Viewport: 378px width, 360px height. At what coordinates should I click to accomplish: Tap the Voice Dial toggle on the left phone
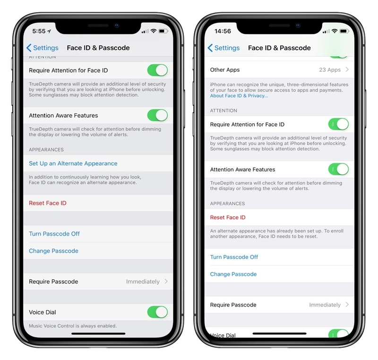[x=158, y=312]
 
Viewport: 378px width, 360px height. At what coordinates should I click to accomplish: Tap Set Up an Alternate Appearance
[x=73, y=163]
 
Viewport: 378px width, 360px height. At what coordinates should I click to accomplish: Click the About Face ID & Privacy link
[x=239, y=95]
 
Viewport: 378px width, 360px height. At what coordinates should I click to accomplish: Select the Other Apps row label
[x=225, y=70]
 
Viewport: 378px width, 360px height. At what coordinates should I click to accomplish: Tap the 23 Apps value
[x=330, y=70]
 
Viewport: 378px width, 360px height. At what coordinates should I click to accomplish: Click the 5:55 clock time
[x=39, y=31]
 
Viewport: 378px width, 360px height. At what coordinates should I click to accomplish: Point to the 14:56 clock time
[x=223, y=31]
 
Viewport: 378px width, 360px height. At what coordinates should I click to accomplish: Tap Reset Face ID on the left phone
[x=48, y=203]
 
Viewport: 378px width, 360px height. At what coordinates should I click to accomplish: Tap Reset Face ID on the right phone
[x=228, y=217]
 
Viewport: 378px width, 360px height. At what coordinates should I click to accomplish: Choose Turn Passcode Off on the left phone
[x=54, y=234]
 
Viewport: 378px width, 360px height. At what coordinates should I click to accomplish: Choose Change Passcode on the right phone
[x=233, y=274]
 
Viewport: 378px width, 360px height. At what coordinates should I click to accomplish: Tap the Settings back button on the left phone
[x=43, y=48]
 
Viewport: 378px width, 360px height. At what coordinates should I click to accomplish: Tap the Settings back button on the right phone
[x=223, y=48]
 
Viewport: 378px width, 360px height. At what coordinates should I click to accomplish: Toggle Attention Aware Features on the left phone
[x=158, y=115]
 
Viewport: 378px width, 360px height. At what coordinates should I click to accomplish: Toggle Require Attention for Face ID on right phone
[x=338, y=124]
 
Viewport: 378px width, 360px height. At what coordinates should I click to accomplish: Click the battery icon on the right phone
[x=344, y=31]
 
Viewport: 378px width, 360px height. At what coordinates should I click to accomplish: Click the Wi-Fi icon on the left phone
[x=153, y=31]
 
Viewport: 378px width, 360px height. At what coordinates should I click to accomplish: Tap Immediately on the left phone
[x=143, y=282]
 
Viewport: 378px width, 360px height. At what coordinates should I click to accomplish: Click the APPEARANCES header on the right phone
[x=227, y=204]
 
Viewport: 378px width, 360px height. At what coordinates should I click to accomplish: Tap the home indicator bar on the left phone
[x=98, y=334]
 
